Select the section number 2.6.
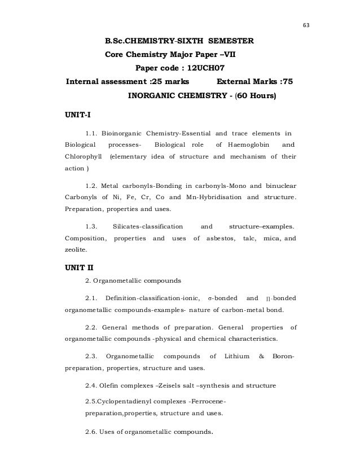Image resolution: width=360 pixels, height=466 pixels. pyautogui.click(x=91, y=433)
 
